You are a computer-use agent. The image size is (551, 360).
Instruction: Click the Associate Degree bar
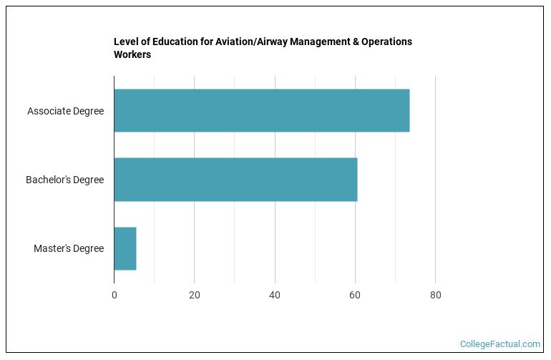(261, 111)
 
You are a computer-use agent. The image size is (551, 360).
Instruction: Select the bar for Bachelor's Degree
(235, 180)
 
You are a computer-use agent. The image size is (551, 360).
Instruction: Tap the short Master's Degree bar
(125, 248)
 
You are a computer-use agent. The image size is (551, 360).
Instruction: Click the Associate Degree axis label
(65, 111)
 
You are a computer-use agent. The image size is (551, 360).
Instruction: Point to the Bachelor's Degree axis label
(64, 180)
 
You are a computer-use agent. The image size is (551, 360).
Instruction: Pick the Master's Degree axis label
(69, 248)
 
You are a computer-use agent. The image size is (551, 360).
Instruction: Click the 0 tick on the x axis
(114, 295)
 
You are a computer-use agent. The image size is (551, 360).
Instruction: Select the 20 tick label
(195, 295)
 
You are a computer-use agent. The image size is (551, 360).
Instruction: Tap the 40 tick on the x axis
(275, 295)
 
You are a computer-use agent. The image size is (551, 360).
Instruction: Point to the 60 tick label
(355, 295)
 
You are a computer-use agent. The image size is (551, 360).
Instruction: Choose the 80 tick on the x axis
(435, 295)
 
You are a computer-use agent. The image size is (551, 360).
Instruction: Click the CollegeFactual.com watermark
(499, 344)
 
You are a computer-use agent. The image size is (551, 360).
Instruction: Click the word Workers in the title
(132, 54)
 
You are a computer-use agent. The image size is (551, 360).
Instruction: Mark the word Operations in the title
(387, 42)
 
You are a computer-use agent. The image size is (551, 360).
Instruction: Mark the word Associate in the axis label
(48, 111)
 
